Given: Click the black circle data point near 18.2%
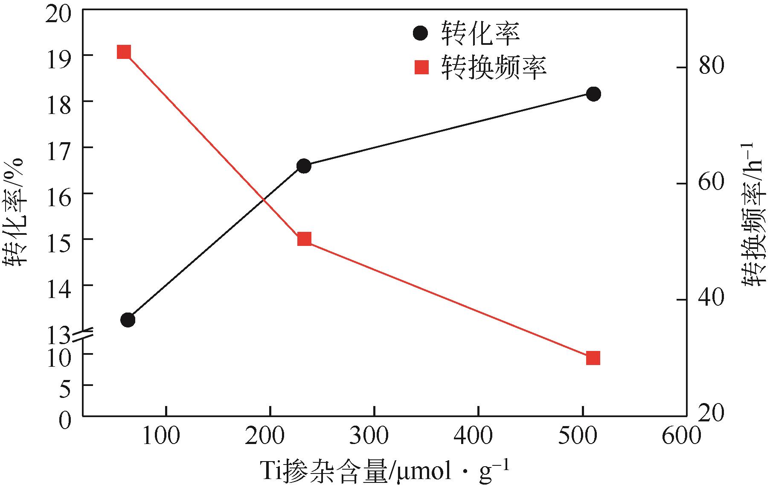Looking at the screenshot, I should (x=593, y=94).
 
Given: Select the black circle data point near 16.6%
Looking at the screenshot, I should (x=304, y=166).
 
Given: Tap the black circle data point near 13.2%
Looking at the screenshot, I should (x=128, y=320).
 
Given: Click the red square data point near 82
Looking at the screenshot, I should (x=124, y=52).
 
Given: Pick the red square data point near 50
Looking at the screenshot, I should (x=304, y=239).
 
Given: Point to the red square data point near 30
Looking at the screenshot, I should (x=593, y=358).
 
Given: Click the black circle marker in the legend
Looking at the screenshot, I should (x=421, y=33).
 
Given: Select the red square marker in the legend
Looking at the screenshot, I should (x=421, y=67).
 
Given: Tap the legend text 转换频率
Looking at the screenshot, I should (x=494, y=67).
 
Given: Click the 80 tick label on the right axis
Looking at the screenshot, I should (x=712, y=67).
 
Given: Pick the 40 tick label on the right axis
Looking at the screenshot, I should (x=712, y=299).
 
